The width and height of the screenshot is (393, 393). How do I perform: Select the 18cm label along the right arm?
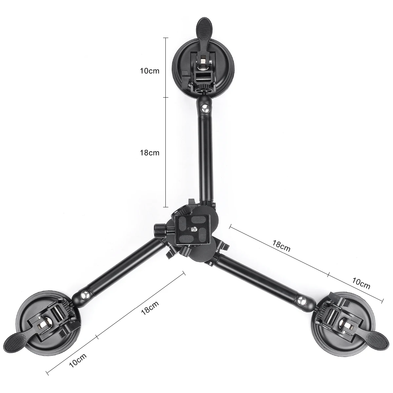tap(281, 246)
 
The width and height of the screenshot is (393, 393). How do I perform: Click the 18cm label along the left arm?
tap(149, 308)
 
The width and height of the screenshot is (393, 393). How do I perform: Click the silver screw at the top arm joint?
tap(205, 108)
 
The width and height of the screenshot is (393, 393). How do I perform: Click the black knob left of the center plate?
tap(159, 229)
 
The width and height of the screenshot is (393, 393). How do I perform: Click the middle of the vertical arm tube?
tap(206, 154)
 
